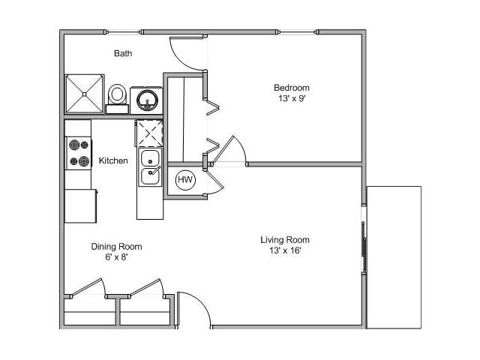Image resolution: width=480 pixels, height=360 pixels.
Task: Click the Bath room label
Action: pyautogui.click(x=124, y=53)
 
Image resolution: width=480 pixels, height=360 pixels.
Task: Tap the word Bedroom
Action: pyautogui.click(x=291, y=88)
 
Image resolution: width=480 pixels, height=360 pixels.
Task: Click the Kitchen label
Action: pyautogui.click(x=113, y=160)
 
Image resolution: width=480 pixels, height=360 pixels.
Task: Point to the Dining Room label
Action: pyautogui.click(x=116, y=246)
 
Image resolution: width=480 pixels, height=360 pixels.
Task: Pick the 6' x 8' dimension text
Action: pyautogui.click(x=116, y=257)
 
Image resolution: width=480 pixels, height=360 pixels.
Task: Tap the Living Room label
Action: pyautogui.click(x=285, y=240)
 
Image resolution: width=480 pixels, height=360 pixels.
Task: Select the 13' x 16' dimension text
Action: pyautogui.click(x=285, y=251)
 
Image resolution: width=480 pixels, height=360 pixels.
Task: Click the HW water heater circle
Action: pyautogui.click(x=184, y=180)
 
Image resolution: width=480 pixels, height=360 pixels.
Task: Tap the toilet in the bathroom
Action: pyautogui.click(x=117, y=95)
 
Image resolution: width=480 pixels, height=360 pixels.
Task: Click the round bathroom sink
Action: pyautogui.click(x=145, y=99)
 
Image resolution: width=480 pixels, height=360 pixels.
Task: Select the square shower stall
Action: pyautogui.click(x=84, y=94)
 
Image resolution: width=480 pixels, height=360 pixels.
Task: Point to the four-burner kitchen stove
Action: pyautogui.click(x=78, y=152)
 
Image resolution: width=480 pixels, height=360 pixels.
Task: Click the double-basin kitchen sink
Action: pyautogui.click(x=150, y=166)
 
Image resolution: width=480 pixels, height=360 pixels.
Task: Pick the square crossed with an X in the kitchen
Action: pyautogui.click(x=148, y=133)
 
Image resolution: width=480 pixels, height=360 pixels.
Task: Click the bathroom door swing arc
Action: pyautogui.click(x=187, y=55)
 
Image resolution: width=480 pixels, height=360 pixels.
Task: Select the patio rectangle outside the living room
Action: pyautogui.click(x=394, y=256)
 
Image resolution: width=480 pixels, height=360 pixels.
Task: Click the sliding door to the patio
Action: pyautogui.click(x=364, y=247)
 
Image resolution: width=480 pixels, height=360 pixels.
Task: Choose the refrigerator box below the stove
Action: pyautogui.click(x=80, y=205)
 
